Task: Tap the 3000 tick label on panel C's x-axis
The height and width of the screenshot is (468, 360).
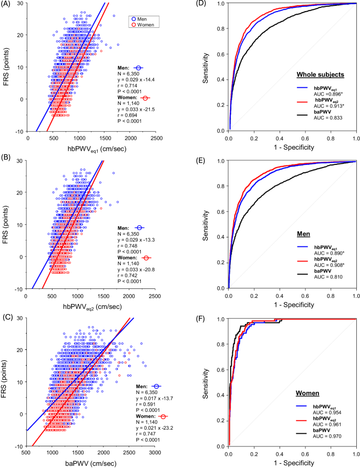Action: click(x=157, y=452)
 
